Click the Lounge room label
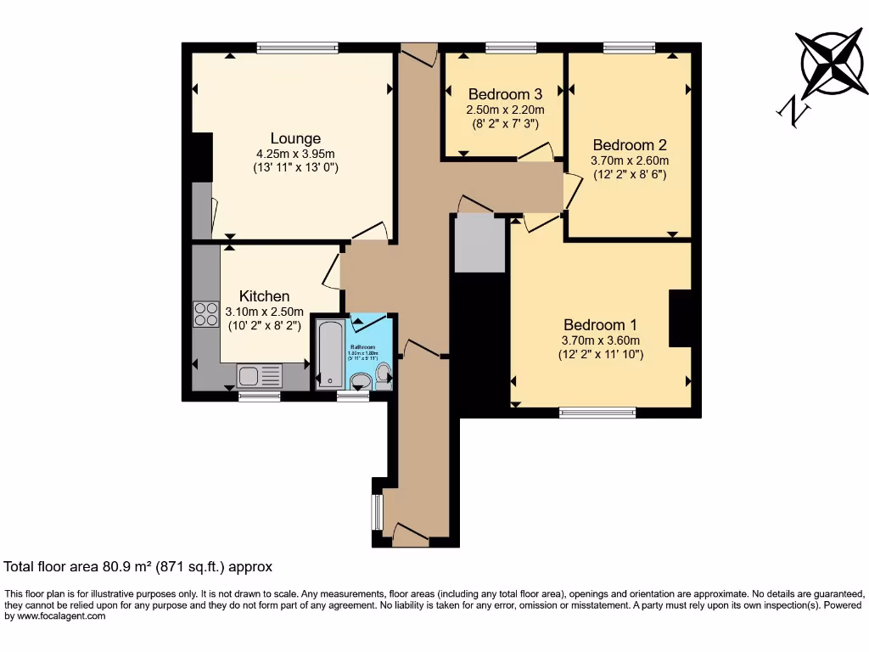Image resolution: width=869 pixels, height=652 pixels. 295,138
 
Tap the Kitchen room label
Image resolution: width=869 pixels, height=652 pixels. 264,296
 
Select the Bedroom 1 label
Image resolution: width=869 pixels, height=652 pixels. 600,325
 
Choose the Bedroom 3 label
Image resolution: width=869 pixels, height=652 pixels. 505,94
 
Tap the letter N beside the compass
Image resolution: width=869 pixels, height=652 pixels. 792,110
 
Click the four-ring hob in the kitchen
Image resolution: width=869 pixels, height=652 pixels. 205,314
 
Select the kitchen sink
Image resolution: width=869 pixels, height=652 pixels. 259,374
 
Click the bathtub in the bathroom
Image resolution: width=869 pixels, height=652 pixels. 329,353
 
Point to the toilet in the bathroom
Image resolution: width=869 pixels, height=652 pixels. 384,374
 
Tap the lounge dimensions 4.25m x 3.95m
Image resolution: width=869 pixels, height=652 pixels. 295,154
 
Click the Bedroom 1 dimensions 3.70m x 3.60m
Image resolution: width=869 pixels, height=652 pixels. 600,340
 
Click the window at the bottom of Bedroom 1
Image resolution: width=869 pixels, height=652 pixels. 597,413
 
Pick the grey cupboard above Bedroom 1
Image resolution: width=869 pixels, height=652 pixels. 479,243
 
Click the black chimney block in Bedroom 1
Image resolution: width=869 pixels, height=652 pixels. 681,318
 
